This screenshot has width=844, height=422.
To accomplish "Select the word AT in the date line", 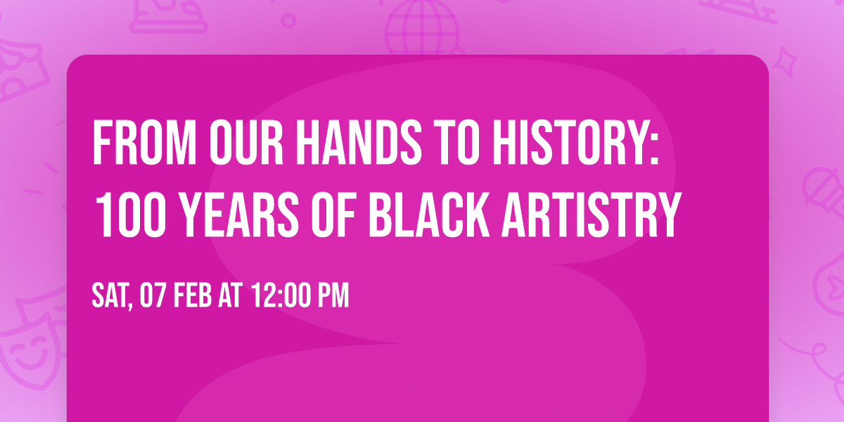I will (x=231, y=296).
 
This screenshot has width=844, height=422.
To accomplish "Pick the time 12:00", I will (x=279, y=296).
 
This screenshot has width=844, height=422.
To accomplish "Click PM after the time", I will (x=333, y=296).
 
